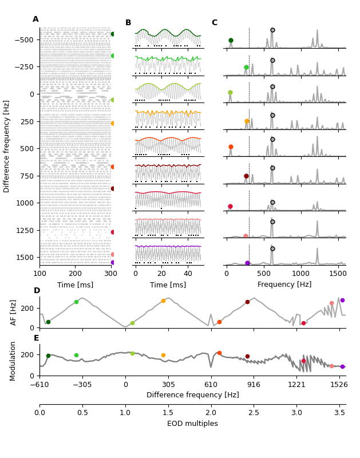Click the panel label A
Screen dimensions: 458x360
tap(35, 19)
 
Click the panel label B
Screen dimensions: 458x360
tap(128, 23)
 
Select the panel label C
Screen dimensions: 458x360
tap(214, 23)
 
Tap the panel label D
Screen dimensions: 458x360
tap(37, 291)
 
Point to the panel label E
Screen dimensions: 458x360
tap(36, 338)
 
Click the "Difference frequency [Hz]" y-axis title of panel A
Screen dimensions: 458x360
tap(7, 146)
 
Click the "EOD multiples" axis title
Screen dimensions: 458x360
tap(192, 424)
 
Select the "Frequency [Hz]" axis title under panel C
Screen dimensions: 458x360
tap(284, 285)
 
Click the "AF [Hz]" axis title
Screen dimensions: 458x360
tap(14, 312)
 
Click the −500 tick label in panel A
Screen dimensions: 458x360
tap(24, 40)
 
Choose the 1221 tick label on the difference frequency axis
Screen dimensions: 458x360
tap(296, 385)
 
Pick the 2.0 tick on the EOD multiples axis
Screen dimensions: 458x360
tap(211, 413)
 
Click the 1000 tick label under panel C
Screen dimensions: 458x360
tap(302, 274)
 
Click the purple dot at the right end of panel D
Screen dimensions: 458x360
tap(342, 300)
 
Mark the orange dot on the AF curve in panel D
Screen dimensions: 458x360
tap(163, 301)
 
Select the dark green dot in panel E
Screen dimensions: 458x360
tap(48, 356)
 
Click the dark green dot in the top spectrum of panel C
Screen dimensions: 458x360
tap(231, 41)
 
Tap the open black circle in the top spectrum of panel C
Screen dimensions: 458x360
tap(272, 30)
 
